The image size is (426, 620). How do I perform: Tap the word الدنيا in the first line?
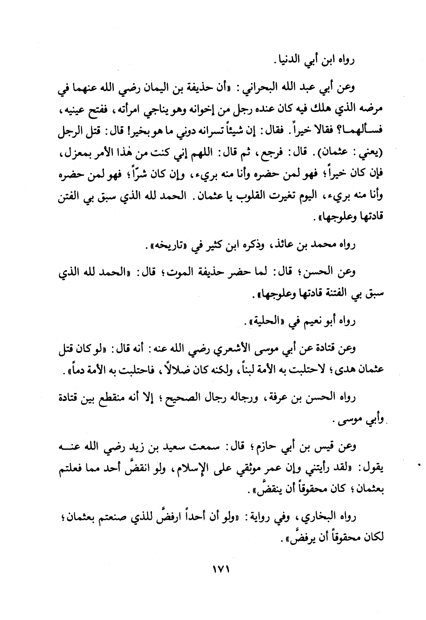pos(278,59)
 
